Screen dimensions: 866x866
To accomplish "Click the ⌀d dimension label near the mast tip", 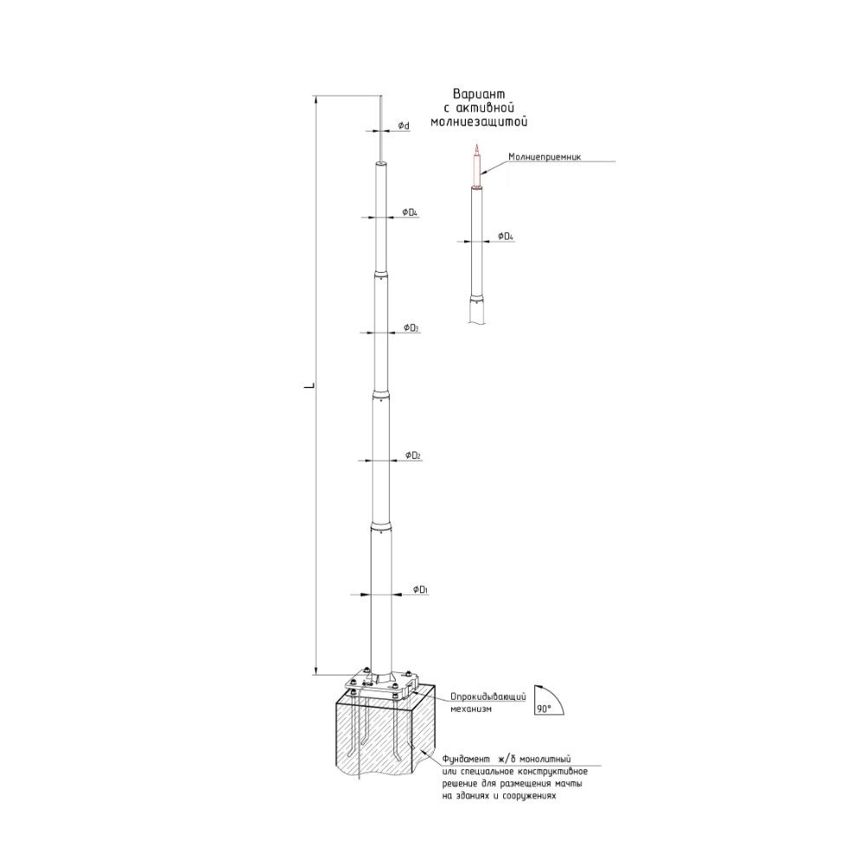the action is pyautogui.click(x=404, y=126).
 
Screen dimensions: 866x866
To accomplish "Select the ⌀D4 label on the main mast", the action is pyautogui.click(x=410, y=213).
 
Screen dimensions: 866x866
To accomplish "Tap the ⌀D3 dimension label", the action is pyautogui.click(x=410, y=328).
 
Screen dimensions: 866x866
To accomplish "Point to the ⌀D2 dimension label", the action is pyautogui.click(x=413, y=456).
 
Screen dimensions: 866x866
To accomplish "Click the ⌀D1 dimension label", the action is pyautogui.click(x=421, y=591).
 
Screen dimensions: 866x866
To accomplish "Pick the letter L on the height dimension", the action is pyautogui.click(x=310, y=385).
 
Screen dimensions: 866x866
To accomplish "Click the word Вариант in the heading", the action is pyautogui.click(x=479, y=94).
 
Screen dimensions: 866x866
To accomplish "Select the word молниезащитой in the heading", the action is pyautogui.click(x=479, y=122).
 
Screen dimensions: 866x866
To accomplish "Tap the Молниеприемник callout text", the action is pyautogui.click(x=545, y=157).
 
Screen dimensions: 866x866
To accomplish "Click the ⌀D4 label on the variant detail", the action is pyautogui.click(x=506, y=236).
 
